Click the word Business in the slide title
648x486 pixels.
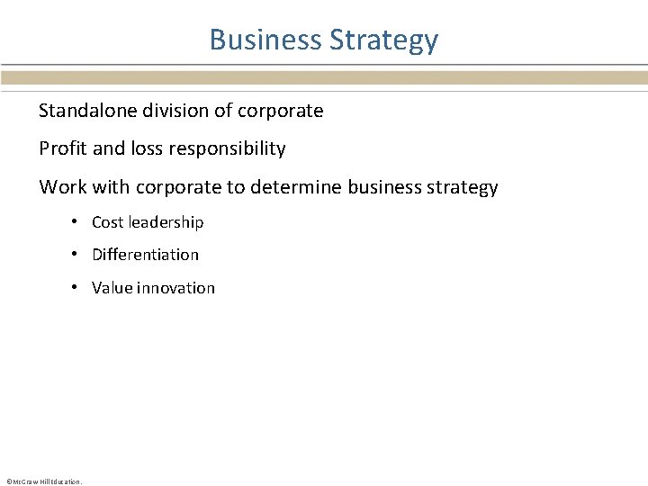[x=265, y=40]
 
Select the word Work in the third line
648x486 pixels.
[x=61, y=187]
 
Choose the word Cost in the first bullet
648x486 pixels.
[x=108, y=222]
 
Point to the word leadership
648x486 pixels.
[x=166, y=222]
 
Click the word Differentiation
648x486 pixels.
[x=145, y=255]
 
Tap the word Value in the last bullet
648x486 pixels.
[x=112, y=288]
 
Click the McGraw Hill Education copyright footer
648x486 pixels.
[x=43, y=481]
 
